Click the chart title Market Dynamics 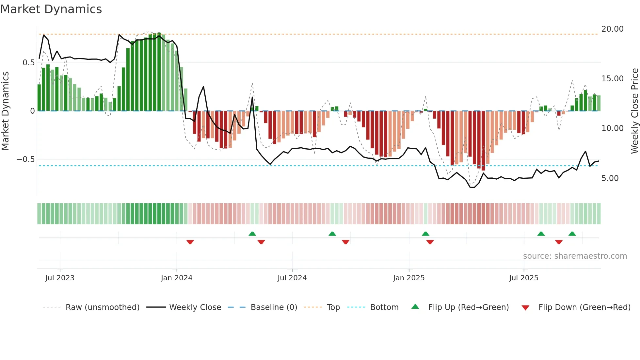(51, 9)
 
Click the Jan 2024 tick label (177, 278)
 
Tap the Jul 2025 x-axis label (523, 278)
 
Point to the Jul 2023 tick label (60, 278)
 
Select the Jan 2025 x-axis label (409, 278)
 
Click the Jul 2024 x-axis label (292, 278)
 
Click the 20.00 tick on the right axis (612, 29)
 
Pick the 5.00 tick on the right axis (610, 178)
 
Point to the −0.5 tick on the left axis (25, 159)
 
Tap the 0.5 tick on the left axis (28, 63)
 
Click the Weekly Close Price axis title (634, 111)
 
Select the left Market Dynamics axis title (5, 111)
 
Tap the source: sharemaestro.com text (575, 256)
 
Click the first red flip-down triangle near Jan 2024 (190, 242)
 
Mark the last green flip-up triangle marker (572, 234)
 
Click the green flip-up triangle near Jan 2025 (425, 234)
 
